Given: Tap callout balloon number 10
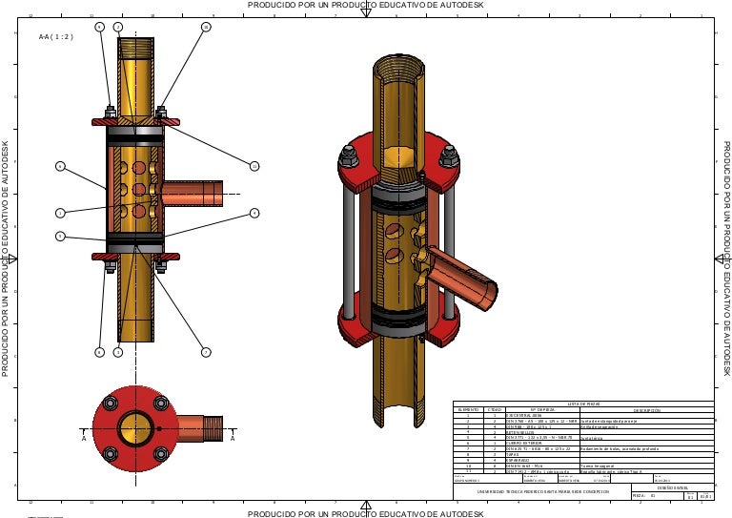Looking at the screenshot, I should click(x=206, y=27).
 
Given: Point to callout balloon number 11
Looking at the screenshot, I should click(x=254, y=167).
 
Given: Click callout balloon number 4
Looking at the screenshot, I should click(x=254, y=213).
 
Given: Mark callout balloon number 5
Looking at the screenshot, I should click(x=59, y=236).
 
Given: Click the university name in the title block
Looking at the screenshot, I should click(x=541, y=491).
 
